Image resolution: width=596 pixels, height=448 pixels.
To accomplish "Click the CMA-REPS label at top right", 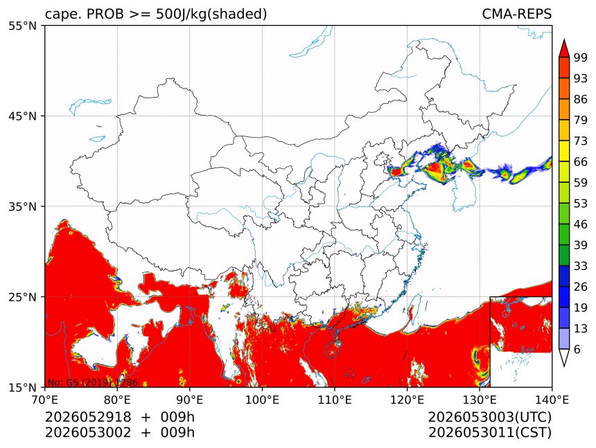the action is pos(516,14).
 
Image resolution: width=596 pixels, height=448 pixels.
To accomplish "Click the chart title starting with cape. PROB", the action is pos(156,15).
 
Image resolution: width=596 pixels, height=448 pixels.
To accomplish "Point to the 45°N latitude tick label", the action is pos(22,116).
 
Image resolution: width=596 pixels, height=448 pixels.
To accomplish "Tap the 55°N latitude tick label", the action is pos(22,26).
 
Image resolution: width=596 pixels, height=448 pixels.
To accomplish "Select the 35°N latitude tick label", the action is pos(22,206).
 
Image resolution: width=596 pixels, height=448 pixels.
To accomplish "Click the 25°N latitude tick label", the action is pos(22,297).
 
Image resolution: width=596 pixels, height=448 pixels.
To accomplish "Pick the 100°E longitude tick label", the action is pos(262,400).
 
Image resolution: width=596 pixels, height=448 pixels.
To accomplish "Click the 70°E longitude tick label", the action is pos(45,400).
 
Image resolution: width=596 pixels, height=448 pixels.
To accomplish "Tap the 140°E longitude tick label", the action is pos(552,400).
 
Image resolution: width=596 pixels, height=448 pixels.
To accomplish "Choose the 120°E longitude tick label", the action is pos(407,400).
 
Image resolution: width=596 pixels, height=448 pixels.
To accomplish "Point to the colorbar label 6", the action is pos(577,349).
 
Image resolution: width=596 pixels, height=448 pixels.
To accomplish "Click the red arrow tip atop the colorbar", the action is pos(563,39).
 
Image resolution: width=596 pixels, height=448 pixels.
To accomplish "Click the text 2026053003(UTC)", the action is pos(489,417).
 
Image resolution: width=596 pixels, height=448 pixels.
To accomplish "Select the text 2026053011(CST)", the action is pos(489,433).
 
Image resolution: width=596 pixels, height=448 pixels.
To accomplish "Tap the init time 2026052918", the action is pos(88,417).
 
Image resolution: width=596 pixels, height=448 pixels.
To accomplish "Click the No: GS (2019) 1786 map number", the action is pos(92,382).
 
